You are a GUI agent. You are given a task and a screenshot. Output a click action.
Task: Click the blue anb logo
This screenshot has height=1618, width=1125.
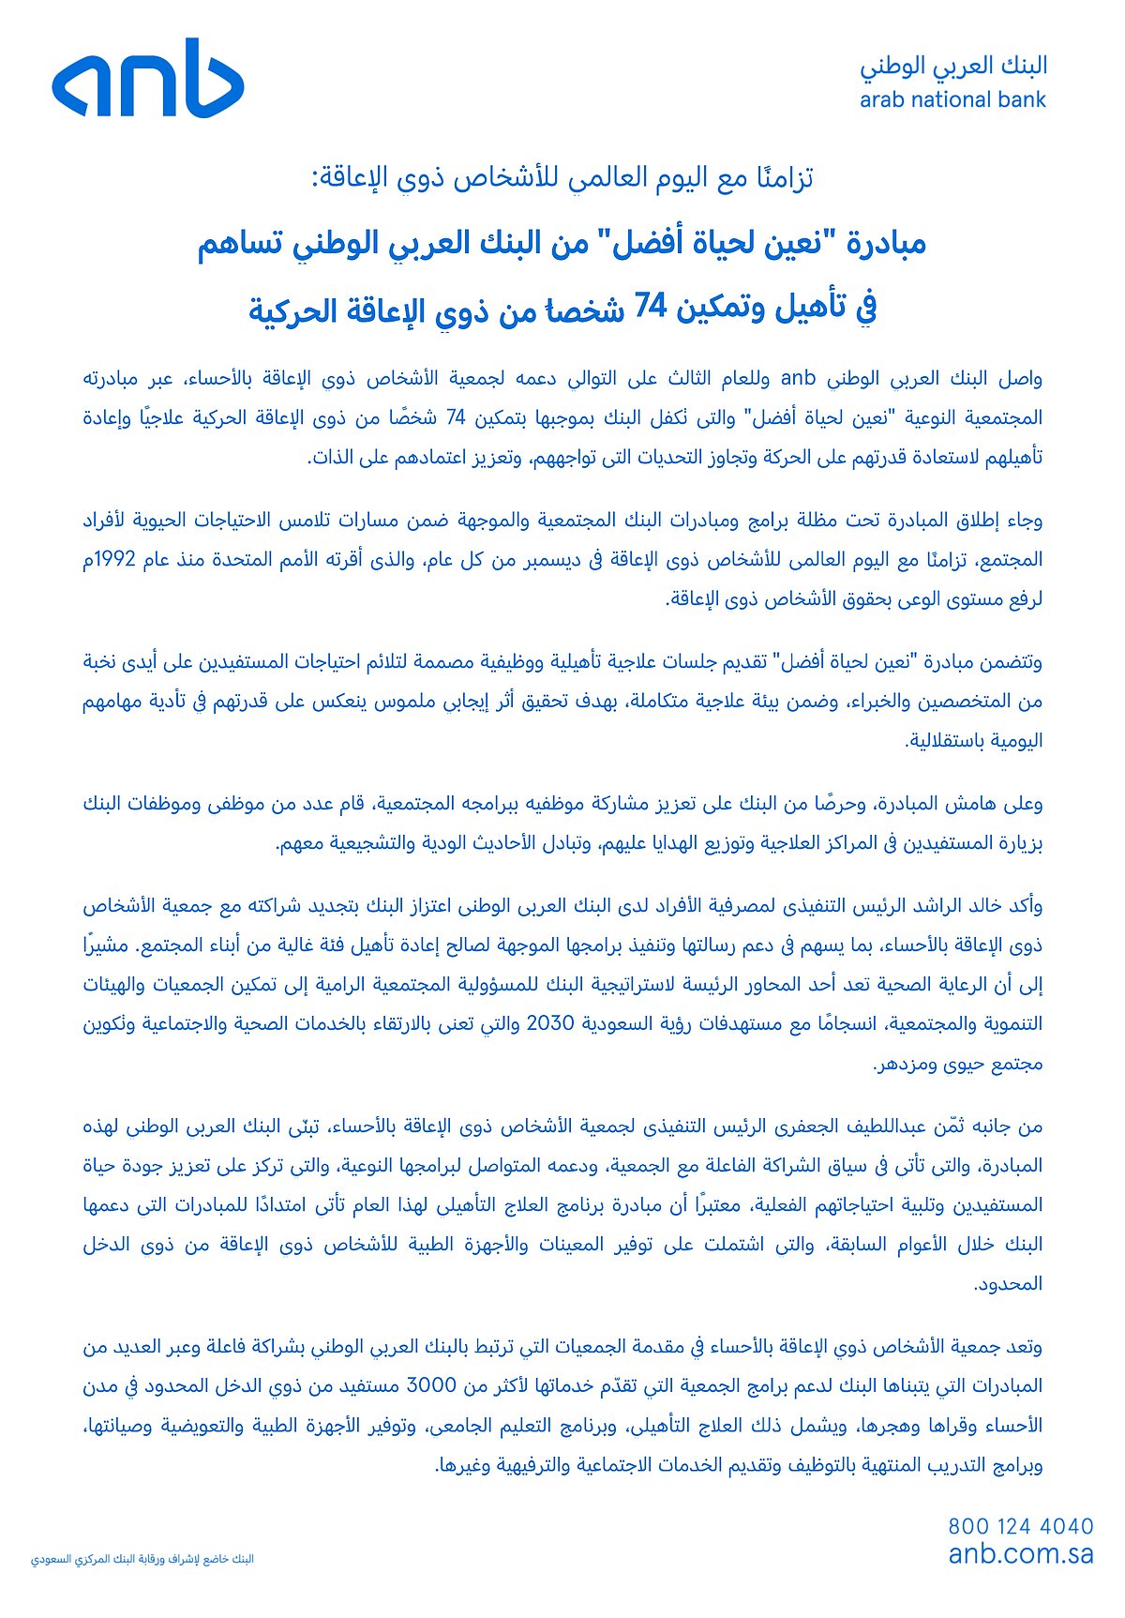148,79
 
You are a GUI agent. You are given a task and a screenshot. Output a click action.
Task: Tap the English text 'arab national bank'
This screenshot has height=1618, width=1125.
952,100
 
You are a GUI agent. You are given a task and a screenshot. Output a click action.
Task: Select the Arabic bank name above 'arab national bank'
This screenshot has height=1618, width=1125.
953,66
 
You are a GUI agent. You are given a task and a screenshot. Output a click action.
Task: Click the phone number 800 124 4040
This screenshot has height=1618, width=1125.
1021,1526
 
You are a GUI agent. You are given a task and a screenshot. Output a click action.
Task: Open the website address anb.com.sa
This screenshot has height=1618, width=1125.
1021,1553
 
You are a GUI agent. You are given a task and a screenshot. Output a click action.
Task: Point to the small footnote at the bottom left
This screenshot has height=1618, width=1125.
142,1559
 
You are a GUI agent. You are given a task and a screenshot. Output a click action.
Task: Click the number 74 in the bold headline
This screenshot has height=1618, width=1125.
650,306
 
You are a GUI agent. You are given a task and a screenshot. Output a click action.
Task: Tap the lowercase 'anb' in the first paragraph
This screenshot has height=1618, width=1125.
799,378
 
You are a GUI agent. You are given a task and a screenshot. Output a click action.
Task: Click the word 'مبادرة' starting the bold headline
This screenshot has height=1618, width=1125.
886,244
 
